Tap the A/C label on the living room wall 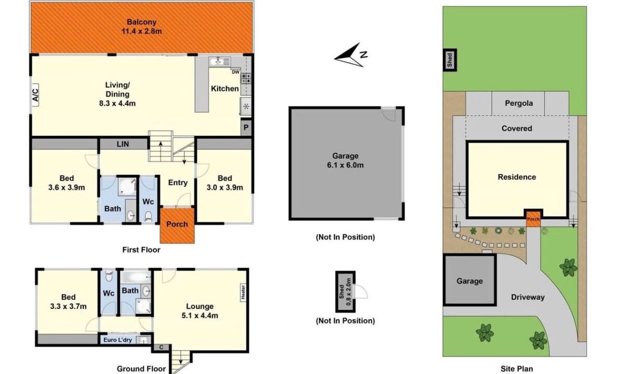tap(35, 95)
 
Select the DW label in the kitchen tap(235, 72)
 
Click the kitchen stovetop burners tap(246, 78)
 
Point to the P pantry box tap(246, 128)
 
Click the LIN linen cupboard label tap(123, 144)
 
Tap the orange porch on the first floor tap(177, 225)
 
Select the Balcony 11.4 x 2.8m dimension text tap(142, 31)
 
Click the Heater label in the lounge tap(243, 292)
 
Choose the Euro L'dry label tap(118, 340)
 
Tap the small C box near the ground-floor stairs tap(161, 347)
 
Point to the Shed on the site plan tap(450, 60)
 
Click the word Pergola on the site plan tap(519, 103)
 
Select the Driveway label tap(528, 297)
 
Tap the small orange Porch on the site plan tap(533, 219)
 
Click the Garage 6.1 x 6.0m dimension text tap(345, 165)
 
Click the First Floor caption tap(141, 250)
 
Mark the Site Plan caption tap(517, 369)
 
